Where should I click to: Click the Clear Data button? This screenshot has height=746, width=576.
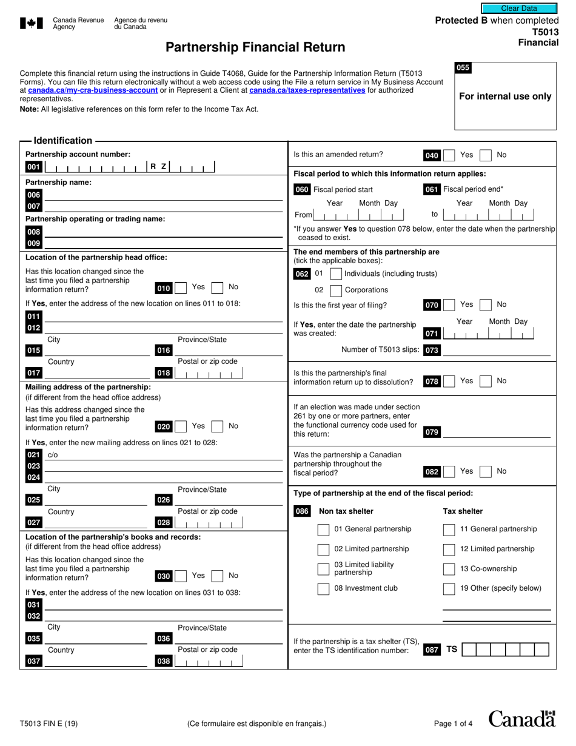[518, 8]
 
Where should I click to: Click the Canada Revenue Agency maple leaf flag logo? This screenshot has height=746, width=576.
[32, 24]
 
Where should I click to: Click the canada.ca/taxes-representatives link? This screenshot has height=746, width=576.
[307, 90]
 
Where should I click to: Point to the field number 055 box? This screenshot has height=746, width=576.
[463, 68]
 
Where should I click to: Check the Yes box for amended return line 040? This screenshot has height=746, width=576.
[449, 155]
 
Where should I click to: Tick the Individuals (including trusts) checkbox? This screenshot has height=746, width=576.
[336, 274]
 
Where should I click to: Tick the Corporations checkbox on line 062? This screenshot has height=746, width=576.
[336, 291]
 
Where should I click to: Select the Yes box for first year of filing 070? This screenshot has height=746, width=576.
[449, 304]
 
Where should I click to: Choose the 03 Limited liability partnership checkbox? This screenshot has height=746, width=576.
[324, 569]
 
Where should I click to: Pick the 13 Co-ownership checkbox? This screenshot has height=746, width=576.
[449, 569]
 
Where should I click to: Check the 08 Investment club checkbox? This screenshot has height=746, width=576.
[324, 588]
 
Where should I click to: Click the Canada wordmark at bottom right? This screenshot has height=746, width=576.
[521, 719]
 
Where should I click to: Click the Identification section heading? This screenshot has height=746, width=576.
[63, 141]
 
